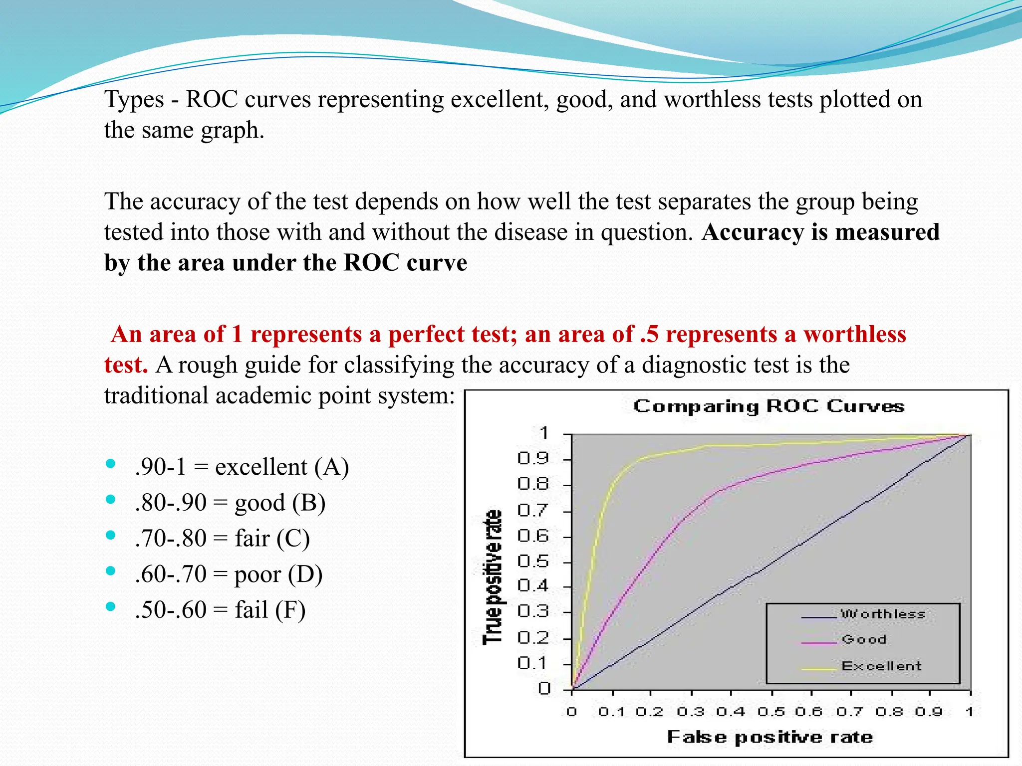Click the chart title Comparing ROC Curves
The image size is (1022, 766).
click(x=768, y=406)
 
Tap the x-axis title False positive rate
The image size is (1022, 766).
click(x=770, y=737)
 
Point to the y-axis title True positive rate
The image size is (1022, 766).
click(x=492, y=577)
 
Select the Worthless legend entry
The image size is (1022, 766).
click(x=883, y=614)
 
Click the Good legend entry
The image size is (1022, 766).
click(x=864, y=639)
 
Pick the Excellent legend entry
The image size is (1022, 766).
click(x=881, y=666)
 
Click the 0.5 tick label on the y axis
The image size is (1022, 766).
click(x=533, y=562)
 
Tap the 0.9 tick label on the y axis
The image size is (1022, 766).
click(x=533, y=458)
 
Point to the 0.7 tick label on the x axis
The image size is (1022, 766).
click(x=850, y=712)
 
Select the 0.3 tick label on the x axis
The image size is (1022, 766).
click(x=691, y=712)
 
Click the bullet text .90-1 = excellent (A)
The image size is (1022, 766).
click(x=242, y=467)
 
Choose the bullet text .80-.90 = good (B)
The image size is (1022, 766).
click(x=230, y=503)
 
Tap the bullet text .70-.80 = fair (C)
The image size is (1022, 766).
click(x=222, y=539)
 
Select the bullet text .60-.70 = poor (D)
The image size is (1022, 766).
click(x=229, y=574)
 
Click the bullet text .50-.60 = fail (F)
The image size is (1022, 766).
click(x=220, y=610)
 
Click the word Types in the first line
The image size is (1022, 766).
click(x=134, y=100)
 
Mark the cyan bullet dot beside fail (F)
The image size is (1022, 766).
click(x=111, y=607)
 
